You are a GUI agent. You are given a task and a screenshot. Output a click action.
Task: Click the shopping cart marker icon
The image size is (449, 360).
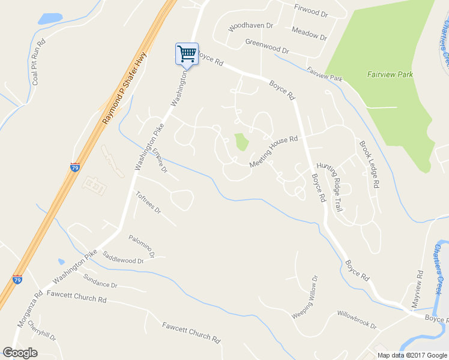coord(187,54)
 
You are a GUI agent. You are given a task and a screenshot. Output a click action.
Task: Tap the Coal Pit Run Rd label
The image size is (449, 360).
coord(39,62)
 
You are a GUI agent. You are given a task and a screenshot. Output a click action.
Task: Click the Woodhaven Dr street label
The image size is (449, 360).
coord(251,27)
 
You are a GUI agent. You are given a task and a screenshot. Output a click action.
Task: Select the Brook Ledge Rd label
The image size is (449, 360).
coord(369,165)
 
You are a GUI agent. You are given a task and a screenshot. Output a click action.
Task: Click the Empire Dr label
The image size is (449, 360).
coord(159,161)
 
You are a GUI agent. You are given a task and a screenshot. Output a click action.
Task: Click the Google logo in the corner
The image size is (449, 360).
coord(20,352)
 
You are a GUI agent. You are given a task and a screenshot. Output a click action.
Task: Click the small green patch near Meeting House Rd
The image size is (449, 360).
coord(241,142)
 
